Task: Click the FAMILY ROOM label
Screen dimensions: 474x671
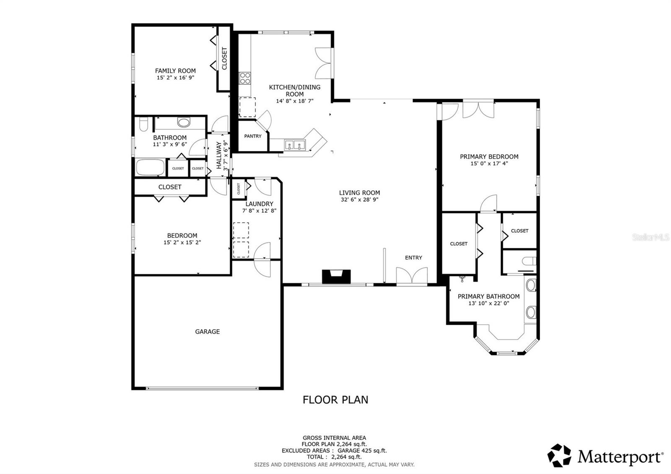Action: click(x=175, y=71)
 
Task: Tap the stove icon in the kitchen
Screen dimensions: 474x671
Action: click(x=245, y=78)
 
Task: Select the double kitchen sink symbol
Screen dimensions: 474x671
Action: click(x=295, y=146)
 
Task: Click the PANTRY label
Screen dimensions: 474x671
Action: click(x=253, y=136)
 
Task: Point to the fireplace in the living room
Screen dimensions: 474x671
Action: click(x=336, y=277)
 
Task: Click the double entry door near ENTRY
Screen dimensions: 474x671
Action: click(x=412, y=277)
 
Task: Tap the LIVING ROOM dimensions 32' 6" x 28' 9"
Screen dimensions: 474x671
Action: click(x=359, y=200)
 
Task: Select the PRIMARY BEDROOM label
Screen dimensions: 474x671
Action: click(x=489, y=156)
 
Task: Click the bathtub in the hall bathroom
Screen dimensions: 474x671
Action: click(x=150, y=167)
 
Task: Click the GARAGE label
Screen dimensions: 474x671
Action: click(x=207, y=331)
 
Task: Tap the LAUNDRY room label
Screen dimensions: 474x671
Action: click(x=259, y=204)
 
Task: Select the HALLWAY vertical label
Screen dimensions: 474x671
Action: click(x=218, y=155)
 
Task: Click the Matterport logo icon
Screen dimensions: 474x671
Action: click(x=559, y=455)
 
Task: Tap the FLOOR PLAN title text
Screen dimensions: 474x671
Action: click(x=335, y=400)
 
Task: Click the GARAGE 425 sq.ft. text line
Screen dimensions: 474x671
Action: click(x=334, y=451)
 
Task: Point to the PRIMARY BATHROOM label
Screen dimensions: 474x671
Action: click(x=489, y=296)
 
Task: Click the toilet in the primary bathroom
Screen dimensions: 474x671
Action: click(x=529, y=261)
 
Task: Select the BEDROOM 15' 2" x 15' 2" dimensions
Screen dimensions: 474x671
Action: click(x=182, y=242)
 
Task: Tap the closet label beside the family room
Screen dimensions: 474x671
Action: click(x=224, y=58)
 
